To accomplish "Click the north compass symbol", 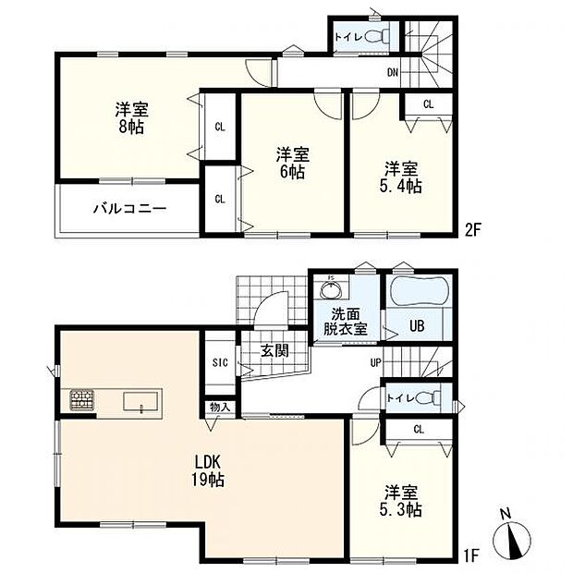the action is coord(512,536).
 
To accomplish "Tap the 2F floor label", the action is coord(473,231).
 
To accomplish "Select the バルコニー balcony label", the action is coord(130,209).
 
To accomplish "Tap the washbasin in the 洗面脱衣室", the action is coord(331,289).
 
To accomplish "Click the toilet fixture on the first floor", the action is coord(430,398).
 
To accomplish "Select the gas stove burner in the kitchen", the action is coord(82,399).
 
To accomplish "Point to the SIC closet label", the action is coord(220,362).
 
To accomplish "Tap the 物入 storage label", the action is coord(220,407).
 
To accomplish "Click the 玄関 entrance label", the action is coord(274,351).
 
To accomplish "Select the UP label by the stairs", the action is coord(375,363).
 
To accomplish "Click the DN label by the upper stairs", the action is coord(393,73).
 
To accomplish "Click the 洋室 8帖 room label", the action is coord(131,117).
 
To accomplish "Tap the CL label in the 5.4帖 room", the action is coord(428,104).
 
